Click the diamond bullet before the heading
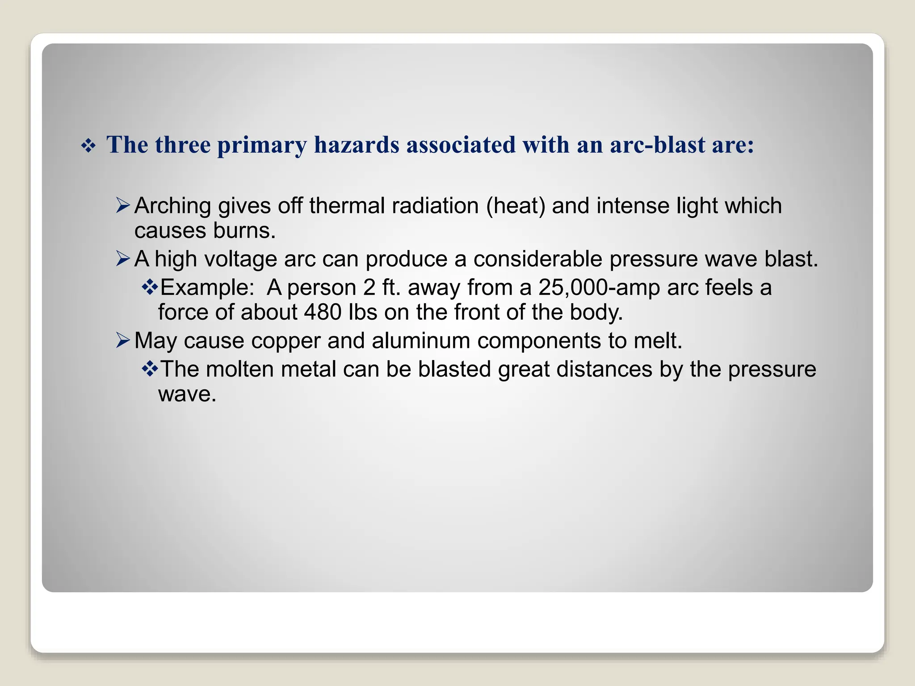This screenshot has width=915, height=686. [88, 146]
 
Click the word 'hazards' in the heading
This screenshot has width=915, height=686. [357, 145]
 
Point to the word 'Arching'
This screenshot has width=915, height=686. [172, 206]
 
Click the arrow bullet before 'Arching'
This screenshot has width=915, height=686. [122, 205]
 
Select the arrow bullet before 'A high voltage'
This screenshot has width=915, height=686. [122, 259]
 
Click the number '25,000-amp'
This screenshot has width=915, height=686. [599, 288]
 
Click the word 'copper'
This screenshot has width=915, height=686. [286, 341]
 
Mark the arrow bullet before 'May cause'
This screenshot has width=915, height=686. [122, 340]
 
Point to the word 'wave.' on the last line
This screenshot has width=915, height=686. [187, 394]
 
